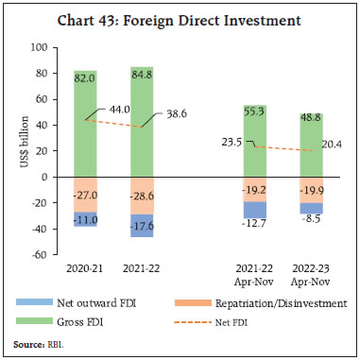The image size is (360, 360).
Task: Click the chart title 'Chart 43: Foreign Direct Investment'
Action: point(180,19)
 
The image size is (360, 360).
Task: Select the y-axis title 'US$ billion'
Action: point(19,149)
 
